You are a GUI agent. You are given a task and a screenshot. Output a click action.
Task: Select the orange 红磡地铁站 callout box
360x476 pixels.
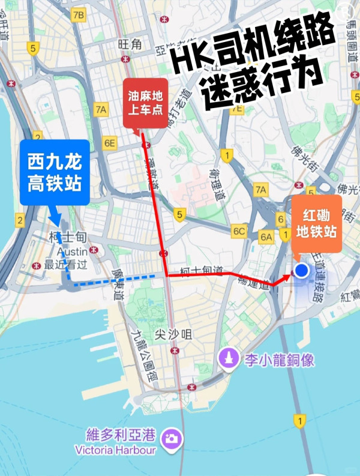click(317, 223)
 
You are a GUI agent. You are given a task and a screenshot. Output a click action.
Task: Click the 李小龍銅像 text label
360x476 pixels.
click(279, 360)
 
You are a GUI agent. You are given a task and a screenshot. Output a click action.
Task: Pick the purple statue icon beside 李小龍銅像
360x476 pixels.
click(228, 359)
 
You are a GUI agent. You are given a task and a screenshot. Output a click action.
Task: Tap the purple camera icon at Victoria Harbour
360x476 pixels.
click(172, 437)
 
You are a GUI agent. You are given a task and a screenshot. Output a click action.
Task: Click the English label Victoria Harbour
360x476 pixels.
click(116, 450)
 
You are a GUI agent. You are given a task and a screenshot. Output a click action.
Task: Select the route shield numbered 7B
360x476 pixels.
click(77, 16)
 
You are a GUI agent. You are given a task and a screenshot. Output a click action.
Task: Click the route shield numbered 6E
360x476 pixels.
click(109, 143)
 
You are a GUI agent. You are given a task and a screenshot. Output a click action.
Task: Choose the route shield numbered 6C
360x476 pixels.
click(239, 231)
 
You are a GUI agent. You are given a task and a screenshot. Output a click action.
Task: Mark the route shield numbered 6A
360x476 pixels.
click(266, 237)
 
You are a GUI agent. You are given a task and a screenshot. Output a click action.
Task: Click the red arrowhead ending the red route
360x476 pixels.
click(286, 278)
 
